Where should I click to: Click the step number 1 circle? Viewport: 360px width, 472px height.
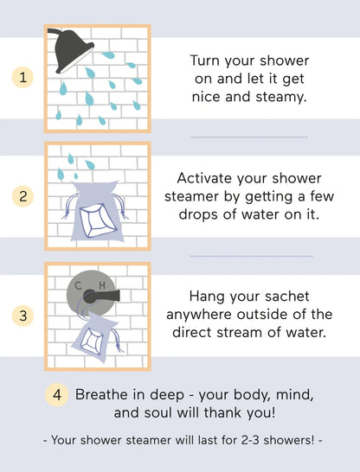coord(24,77)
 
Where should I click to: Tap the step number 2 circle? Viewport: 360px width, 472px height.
coord(24,196)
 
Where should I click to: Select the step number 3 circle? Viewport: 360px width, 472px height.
coord(24,316)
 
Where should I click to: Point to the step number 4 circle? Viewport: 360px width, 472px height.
coord(56,395)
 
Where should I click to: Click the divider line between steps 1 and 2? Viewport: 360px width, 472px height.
coord(249,137)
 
